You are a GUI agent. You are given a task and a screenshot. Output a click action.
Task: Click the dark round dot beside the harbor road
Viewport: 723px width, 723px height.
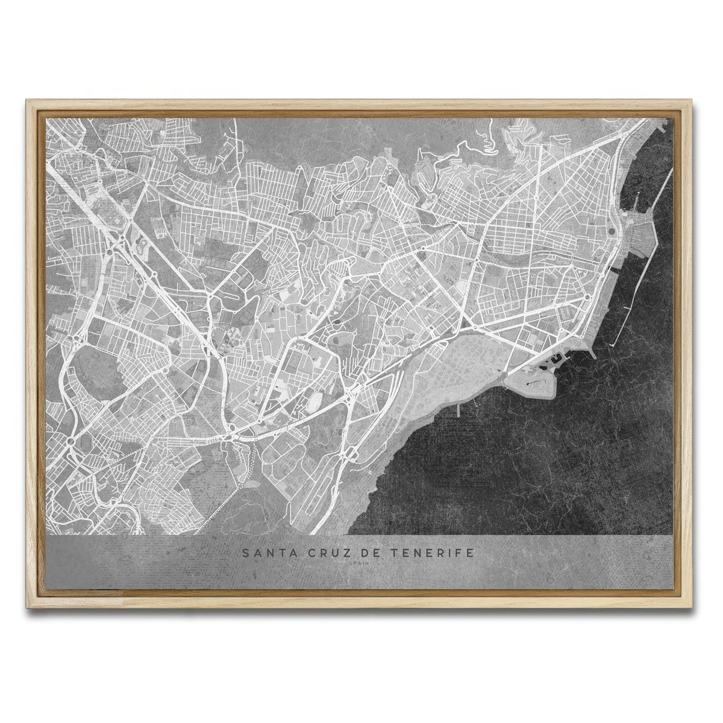tap(612, 231)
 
